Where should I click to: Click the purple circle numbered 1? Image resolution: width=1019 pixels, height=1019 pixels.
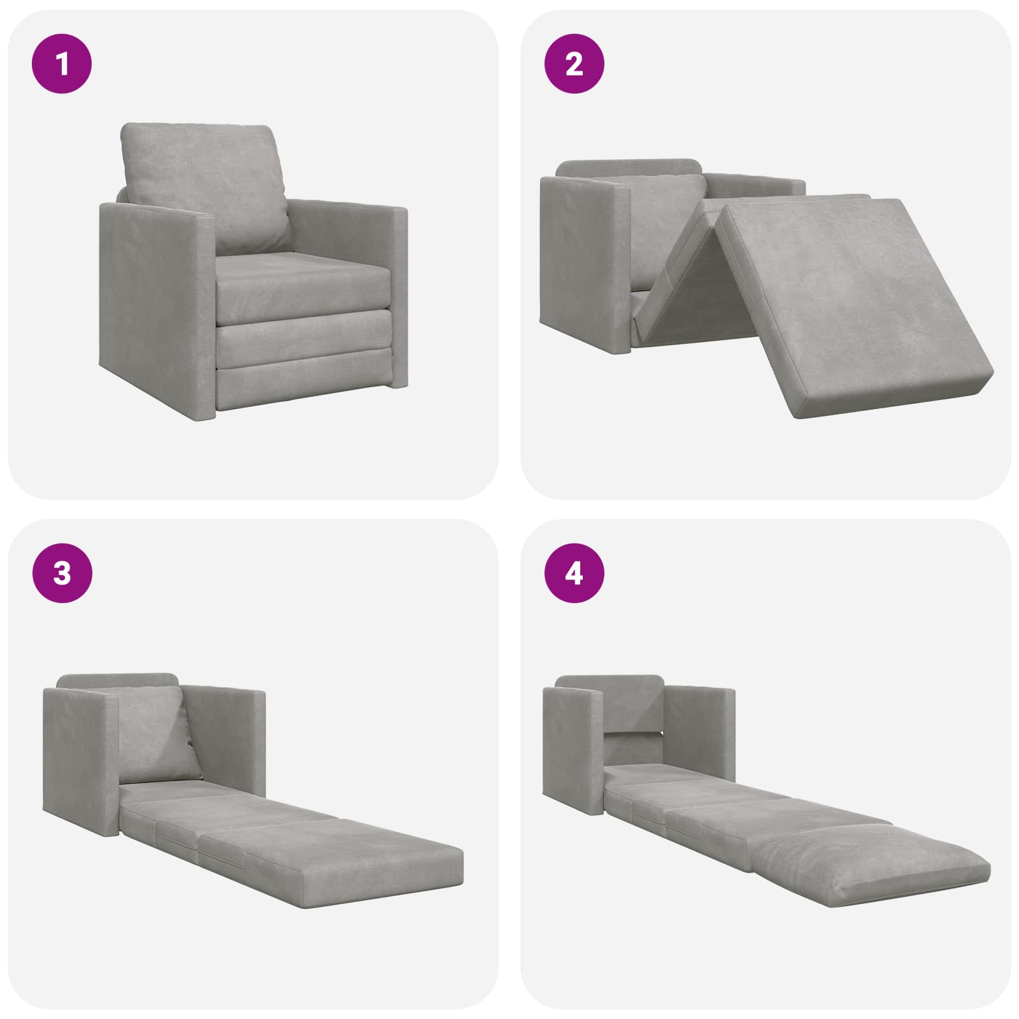click(x=62, y=64)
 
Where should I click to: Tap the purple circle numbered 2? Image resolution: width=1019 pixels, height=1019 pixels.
click(x=574, y=64)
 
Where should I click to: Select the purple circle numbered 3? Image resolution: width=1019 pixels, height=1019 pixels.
click(x=62, y=573)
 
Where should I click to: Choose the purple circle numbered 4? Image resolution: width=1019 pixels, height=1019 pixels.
click(x=574, y=573)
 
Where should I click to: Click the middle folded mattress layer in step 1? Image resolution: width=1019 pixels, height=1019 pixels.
click(x=303, y=338)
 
